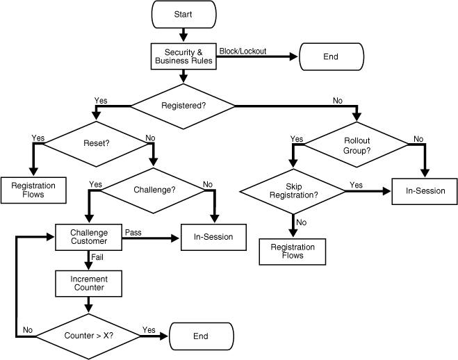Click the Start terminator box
click(x=183, y=14)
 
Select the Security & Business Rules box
click(x=183, y=56)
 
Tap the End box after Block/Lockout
click(x=331, y=56)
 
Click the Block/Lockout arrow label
click(x=243, y=51)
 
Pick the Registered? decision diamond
click(x=183, y=106)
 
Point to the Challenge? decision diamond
click(x=154, y=189)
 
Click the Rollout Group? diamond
click(x=357, y=145)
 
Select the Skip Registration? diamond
click(x=293, y=190)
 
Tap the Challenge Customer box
click(x=88, y=236)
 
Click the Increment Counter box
click(x=88, y=283)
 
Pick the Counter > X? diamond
click(x=88, y=336)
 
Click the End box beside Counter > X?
click(x=200, y=336)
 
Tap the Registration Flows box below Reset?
click(x=33, y=190)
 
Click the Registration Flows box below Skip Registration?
click(x=292, y=252)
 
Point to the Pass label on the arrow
click(x=133, y=231)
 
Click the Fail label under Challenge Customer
click(x=97, y=258)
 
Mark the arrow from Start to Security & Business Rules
click(x=183, y=35)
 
